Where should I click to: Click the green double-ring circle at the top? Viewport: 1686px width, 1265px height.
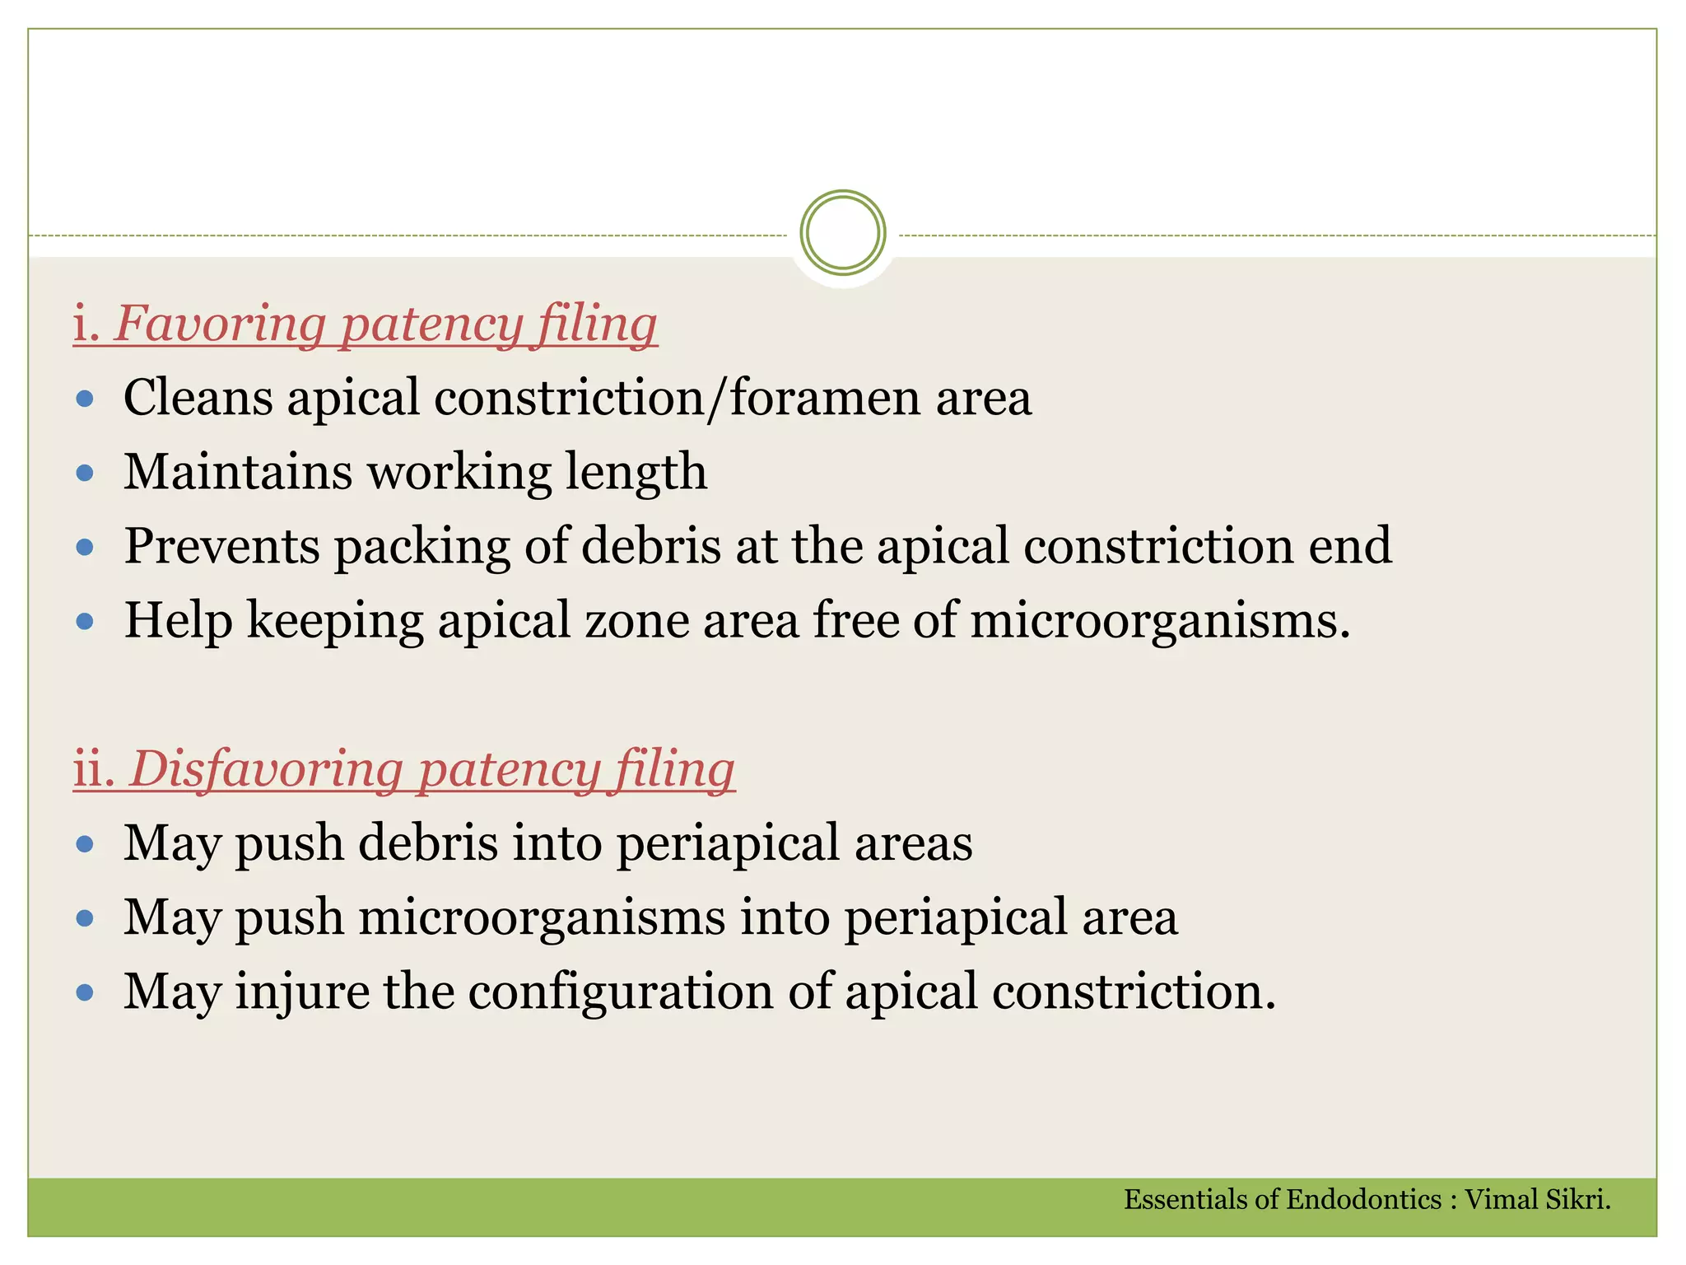pos(842,233)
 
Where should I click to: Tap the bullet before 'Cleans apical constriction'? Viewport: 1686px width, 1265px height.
pos(85,399)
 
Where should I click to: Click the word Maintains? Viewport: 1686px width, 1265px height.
pos(238,472)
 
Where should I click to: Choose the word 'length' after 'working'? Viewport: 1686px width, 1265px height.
pos(636,472)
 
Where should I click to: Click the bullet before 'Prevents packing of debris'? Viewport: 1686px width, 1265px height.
pos(85,547)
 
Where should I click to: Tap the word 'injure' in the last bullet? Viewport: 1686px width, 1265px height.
pos(302,992)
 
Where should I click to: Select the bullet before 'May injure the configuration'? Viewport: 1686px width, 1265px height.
pos(85,993)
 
